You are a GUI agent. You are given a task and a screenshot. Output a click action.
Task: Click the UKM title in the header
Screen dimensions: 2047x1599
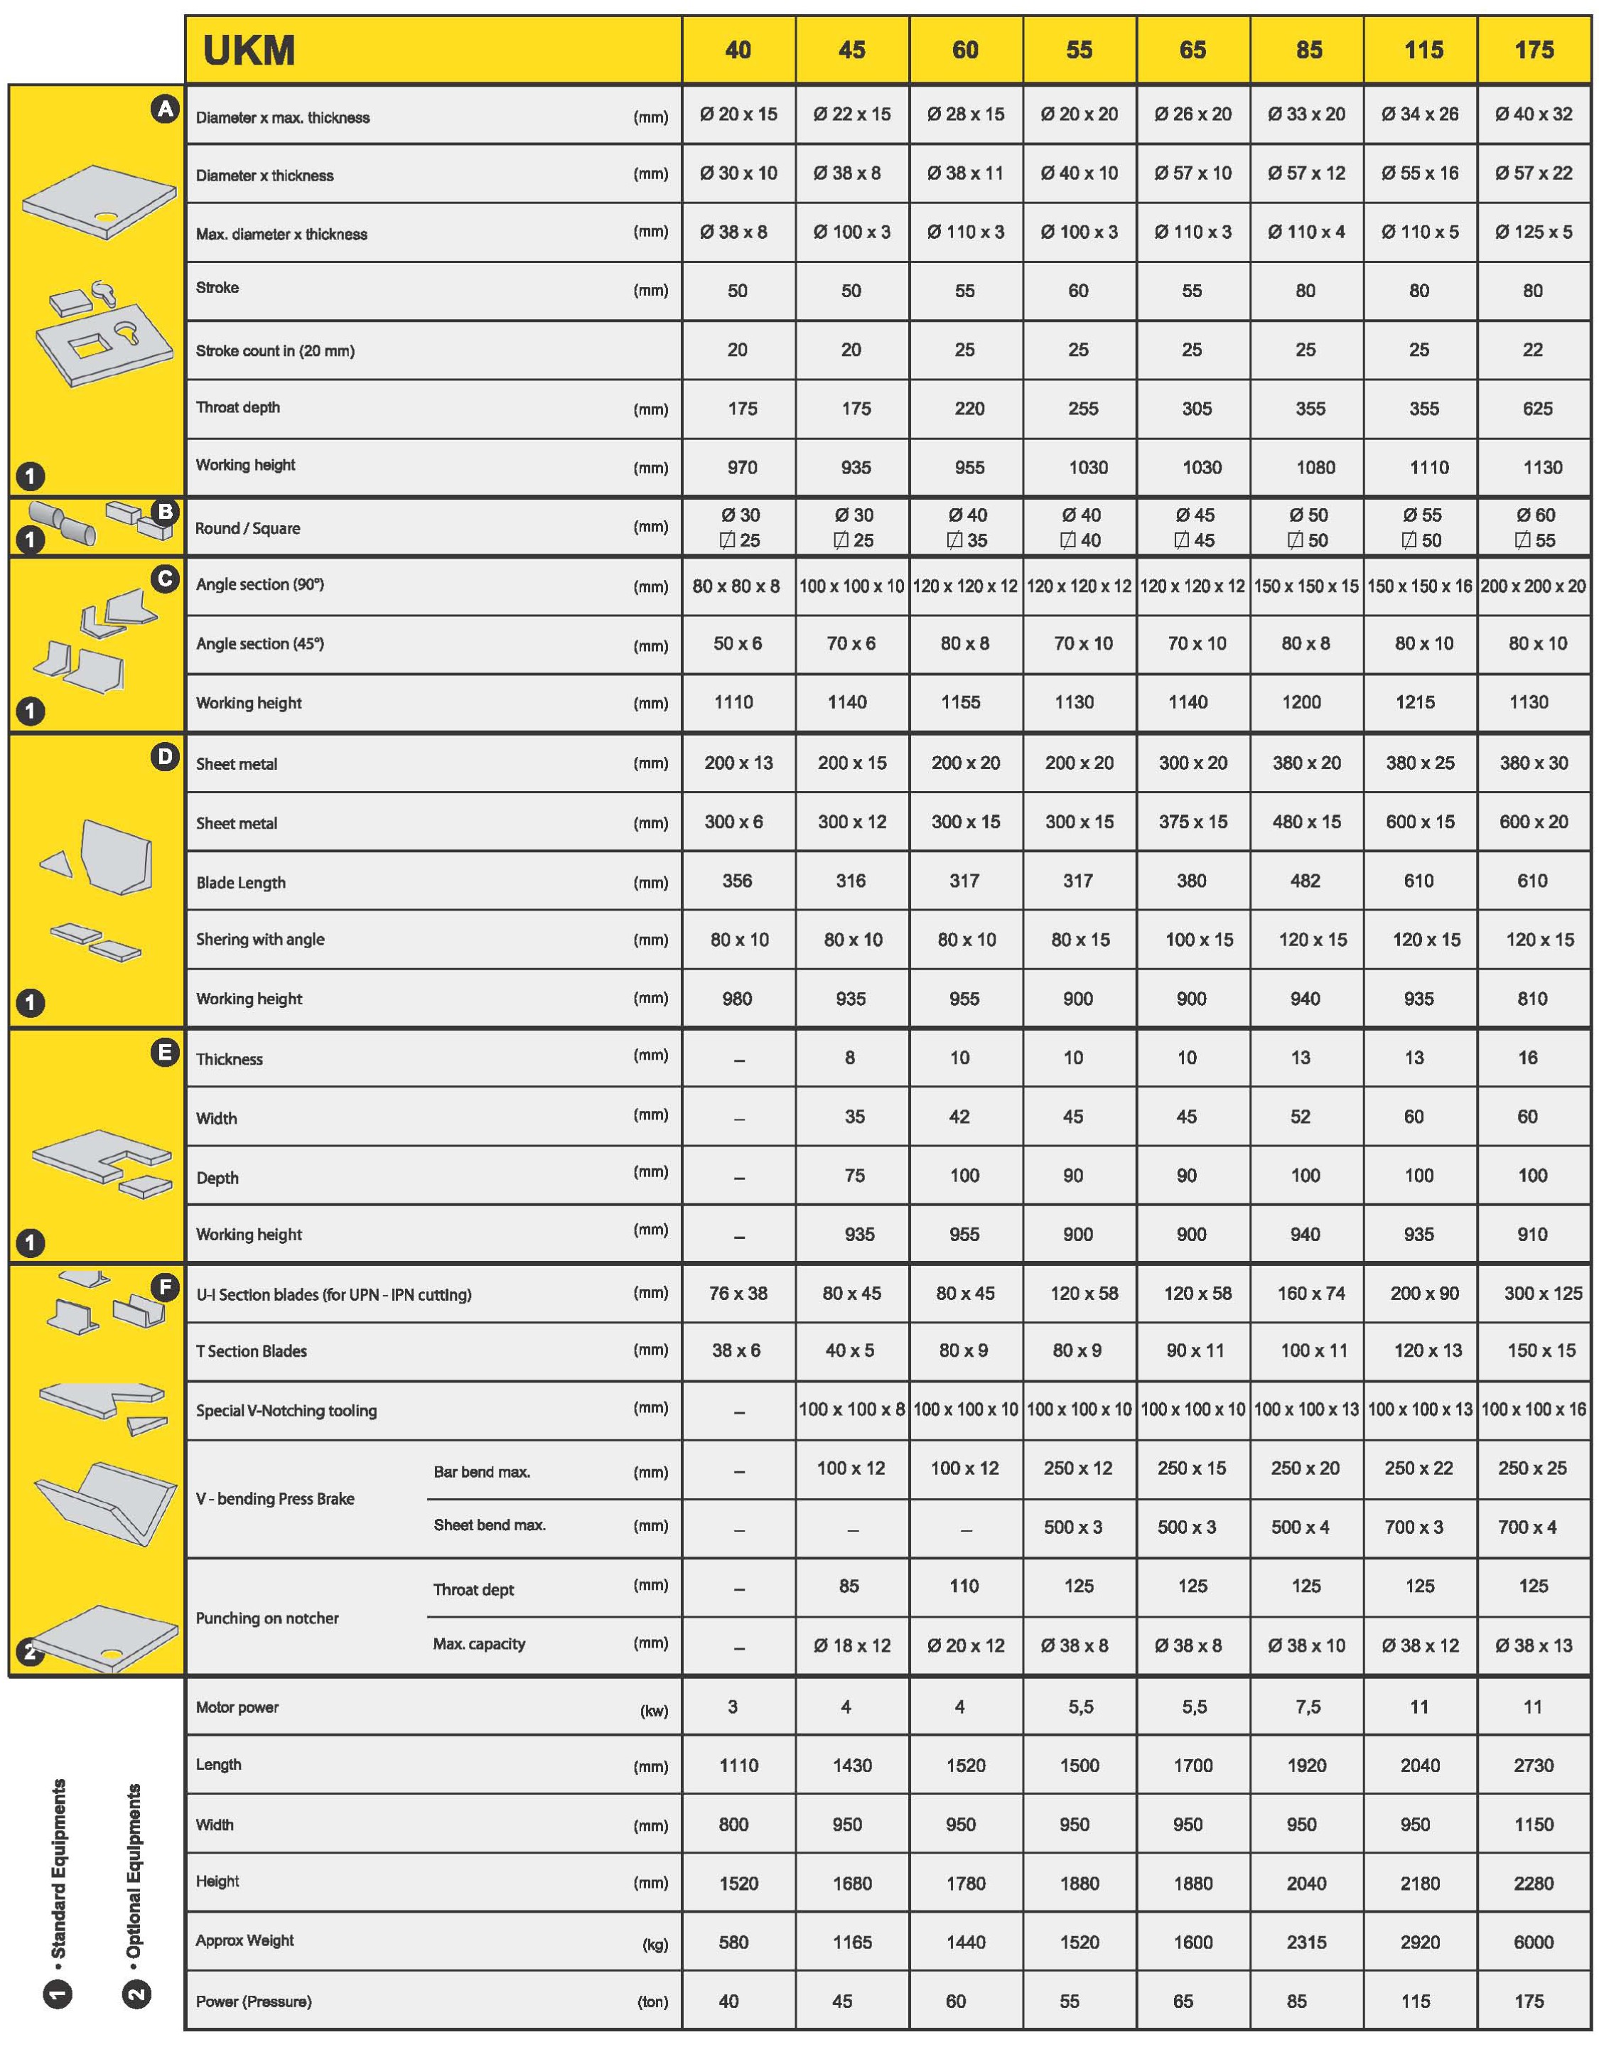[249, 50]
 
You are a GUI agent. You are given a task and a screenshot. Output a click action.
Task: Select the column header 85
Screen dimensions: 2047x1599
[1308, 50]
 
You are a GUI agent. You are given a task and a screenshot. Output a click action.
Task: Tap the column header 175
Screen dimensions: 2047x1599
[1534, 50]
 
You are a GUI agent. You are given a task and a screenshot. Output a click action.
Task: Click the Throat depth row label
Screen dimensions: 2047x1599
[238, 408]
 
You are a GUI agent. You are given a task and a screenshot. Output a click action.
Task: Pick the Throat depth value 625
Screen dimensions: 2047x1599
[1537, 409]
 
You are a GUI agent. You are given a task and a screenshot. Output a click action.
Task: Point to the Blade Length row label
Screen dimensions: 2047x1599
[241, 882]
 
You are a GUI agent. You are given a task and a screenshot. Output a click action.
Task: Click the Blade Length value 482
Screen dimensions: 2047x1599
[1305, 881]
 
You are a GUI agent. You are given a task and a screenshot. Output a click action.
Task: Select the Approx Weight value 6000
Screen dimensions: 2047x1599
[1534, 1942]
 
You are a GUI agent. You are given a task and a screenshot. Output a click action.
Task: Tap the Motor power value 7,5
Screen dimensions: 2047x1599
[1308, 1707]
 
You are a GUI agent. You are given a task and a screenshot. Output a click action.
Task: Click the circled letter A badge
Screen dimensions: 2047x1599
[165, 109]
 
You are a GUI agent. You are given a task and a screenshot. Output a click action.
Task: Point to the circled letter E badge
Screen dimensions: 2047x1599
[165, 1053]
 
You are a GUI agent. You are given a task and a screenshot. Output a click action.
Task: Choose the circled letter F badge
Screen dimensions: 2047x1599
[165, 1288]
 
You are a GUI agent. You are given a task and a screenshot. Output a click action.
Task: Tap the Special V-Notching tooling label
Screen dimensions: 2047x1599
[286, 1411]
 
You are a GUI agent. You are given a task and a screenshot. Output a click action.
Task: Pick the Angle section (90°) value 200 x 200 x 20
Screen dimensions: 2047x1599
[1534, 586]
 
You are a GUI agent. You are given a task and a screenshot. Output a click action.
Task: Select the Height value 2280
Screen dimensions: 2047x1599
[1534, 1883]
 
